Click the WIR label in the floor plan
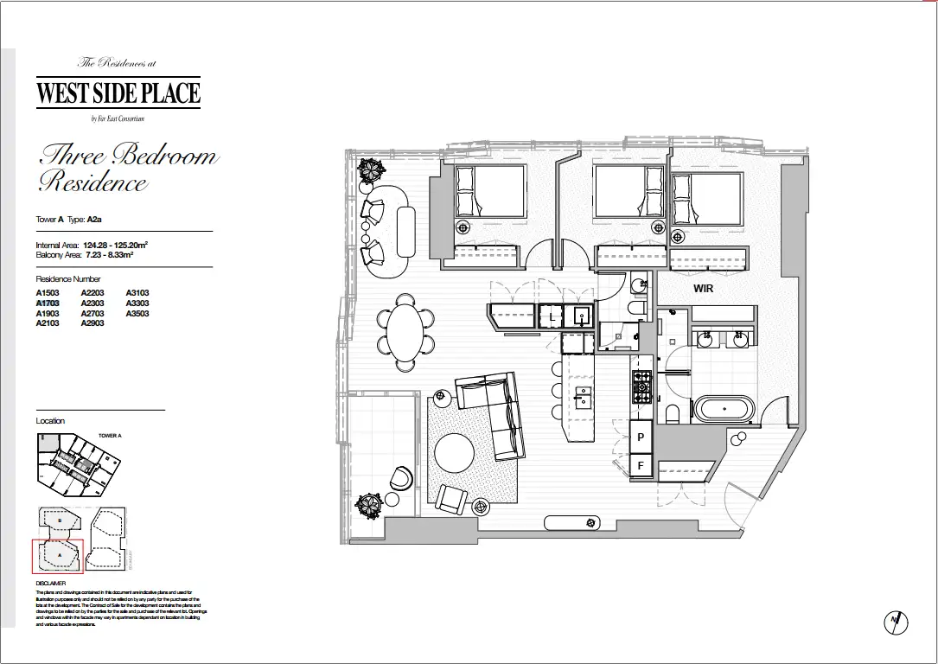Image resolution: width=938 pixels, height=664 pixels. coord(703,288)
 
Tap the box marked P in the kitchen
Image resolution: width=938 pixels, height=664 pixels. coord(641,437)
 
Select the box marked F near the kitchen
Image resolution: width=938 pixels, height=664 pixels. coord(641,466)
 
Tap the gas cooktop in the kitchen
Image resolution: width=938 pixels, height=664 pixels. coord(642,387)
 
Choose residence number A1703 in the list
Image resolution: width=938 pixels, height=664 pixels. coord(47,303)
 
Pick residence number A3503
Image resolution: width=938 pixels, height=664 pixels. coord(137,314)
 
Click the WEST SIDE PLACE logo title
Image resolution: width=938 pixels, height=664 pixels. coord(118,93)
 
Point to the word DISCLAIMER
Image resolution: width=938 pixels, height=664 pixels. coord(51,584)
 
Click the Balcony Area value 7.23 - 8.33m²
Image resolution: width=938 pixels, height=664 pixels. coord(110,256)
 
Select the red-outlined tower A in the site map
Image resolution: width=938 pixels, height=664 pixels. coord(57,556)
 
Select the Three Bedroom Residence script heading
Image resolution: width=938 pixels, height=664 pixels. coord(126,169)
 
